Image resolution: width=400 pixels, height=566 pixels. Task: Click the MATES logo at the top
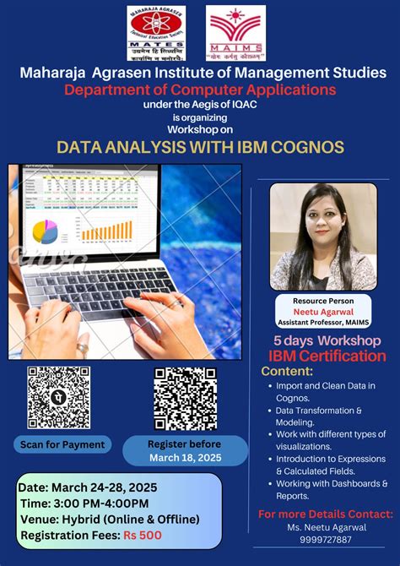pyautogui.click(x=156, y=33)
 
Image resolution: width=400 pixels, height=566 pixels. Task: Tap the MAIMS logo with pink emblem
pyautogui.click(x=236, y=33)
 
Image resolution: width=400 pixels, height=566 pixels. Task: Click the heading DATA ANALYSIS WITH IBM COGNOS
pyautogui.click(x=200, y=147)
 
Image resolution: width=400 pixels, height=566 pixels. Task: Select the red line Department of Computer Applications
pyautogui.click(x=200, y=89)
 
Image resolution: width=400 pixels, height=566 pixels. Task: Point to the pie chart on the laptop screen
pyautogui.click(x=45, y=231)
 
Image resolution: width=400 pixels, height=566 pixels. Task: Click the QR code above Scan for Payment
pyautogui.click(x=59, y=398)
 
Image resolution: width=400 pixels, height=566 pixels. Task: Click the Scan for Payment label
pyautogui.click(x=63, y=444)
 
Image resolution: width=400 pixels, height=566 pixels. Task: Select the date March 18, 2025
pyautogui.click(x=184, y=457)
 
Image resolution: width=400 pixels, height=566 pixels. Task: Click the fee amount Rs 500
pyautogui.click(x=143, y=536)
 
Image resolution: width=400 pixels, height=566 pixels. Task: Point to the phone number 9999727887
pyautogui.click(x=325, y=540)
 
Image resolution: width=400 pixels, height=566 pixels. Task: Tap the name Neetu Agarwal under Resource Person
pyautogui.click(x=323, y=311)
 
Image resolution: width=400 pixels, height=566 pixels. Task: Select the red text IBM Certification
pyautogui.click(x=327, y=356)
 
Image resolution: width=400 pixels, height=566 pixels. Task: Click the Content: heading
pyautogui.click(x=287, y=371)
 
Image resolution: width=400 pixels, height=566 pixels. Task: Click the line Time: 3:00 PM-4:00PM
pyautogui.click(x=83, y=503)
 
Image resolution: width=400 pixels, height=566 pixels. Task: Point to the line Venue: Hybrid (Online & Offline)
pyautogui.click(x=109, y=519)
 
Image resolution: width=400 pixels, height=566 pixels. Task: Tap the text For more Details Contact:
pyautogui.click(x=325, y=514)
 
